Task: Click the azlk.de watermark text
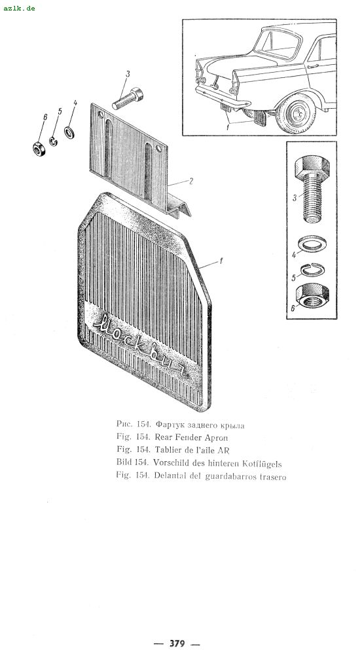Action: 19,8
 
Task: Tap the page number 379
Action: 177,643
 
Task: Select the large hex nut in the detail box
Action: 312,296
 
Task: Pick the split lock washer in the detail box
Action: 314,271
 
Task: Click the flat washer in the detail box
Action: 313,244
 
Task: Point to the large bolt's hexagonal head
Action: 312,166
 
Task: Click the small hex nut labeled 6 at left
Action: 39,148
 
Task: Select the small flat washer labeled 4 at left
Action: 69,132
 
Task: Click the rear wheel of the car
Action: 296,113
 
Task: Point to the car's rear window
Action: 278,44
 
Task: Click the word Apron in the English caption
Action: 216,438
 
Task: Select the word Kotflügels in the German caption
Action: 262,463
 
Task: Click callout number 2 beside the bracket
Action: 191,181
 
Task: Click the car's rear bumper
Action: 223,96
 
